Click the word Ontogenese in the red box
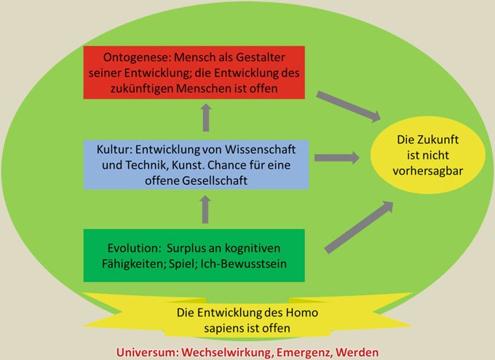click(137, 57)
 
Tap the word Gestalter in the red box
click(261, 57)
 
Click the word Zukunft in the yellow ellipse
click(438, 140)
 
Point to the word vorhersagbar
click(428, 171)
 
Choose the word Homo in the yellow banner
click(302, 313)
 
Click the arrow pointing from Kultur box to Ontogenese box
click(206, 117)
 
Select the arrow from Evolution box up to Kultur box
click(205, 209)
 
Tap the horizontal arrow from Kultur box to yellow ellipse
click(337, 158)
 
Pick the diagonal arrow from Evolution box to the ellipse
click(360, 227)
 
